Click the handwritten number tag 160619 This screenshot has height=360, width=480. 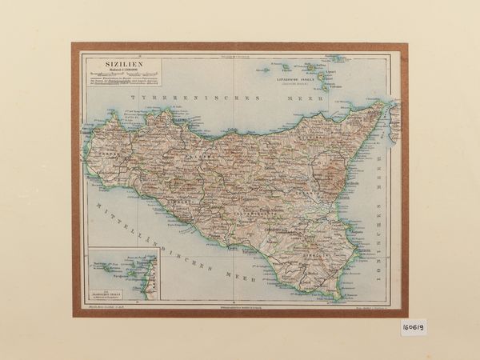pos(414,329)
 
